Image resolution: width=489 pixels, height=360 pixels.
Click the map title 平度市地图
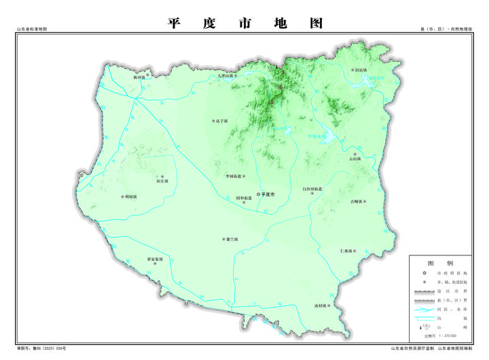244,22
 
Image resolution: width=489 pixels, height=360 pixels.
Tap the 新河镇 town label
140,77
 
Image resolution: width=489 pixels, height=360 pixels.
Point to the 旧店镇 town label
359,70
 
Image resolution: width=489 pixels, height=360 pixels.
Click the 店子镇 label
219,122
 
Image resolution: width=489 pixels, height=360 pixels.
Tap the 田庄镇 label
162,181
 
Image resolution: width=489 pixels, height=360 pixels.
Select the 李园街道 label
234,175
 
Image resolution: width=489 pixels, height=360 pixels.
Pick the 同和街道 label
244,198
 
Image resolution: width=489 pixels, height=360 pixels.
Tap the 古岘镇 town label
357,202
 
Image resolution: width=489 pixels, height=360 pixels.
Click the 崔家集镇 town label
156,259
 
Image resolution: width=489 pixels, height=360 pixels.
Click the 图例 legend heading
440,262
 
